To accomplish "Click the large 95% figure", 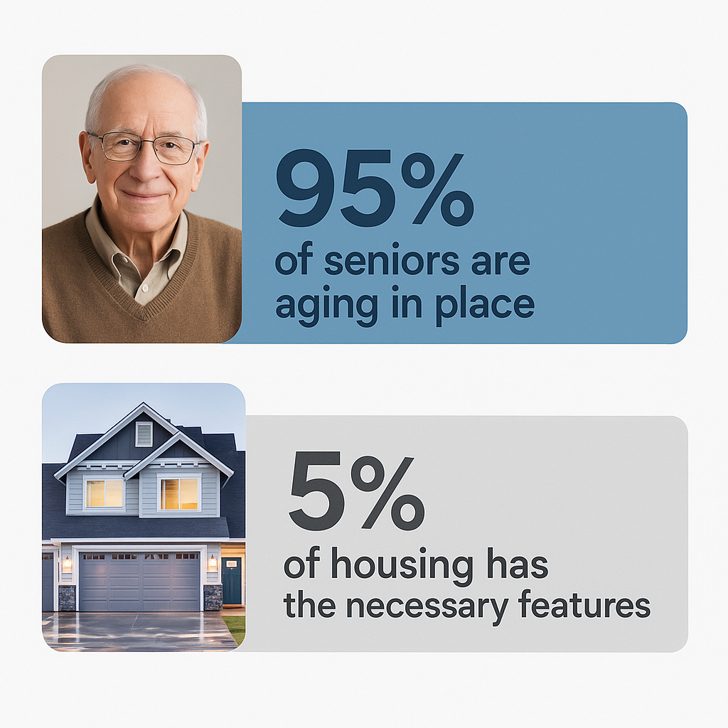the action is pos(375,188).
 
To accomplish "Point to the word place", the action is pos(485,304).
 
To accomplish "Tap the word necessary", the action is pos(427,606).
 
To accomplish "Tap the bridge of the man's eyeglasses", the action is pos(145,141).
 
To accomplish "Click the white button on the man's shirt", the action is pos(145,288).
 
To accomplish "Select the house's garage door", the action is pos(139,582).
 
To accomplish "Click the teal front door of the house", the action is pos(232,581).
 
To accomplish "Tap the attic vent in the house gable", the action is pos(144,434).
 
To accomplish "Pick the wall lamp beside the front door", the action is pos(213,564).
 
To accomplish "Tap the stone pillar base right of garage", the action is pos(213,597).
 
